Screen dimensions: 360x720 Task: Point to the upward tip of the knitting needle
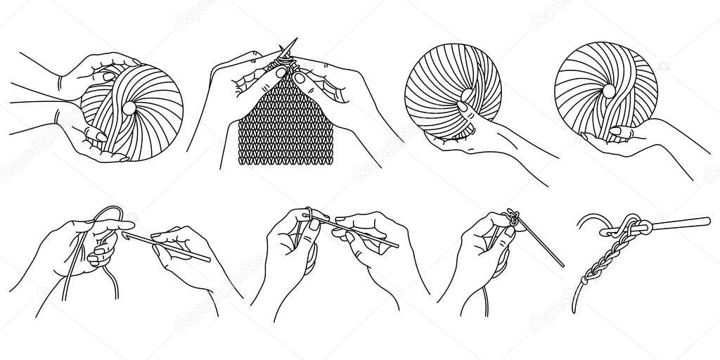pos(295,39)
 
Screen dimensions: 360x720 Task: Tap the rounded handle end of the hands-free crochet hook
pos(707,220)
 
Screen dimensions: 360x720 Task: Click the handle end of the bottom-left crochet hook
pos(208,259)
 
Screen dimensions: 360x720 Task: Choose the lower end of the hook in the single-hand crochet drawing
pos(560,265)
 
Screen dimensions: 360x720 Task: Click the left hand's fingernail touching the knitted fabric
pos(281,72)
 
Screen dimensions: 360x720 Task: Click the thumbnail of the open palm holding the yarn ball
pos(615,131)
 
